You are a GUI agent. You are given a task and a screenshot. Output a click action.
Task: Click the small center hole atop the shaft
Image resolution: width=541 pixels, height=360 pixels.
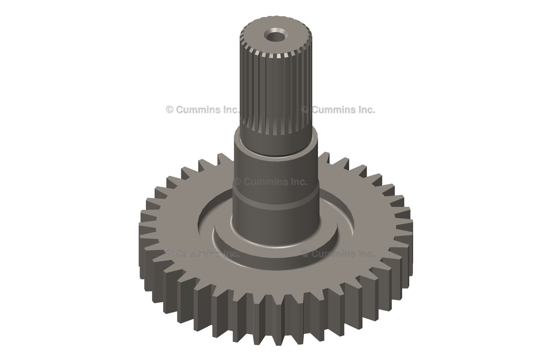click(275, 36)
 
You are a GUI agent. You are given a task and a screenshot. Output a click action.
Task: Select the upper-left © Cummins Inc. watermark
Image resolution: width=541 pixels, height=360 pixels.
click(203, 110)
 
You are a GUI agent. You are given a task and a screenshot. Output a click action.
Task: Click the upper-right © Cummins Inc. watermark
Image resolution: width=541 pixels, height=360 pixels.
click(338, 110)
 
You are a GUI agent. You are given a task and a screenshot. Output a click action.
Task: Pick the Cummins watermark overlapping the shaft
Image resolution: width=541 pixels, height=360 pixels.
click(270, 182)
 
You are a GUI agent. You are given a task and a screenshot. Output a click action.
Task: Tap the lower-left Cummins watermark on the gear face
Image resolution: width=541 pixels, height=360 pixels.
click(203, 253)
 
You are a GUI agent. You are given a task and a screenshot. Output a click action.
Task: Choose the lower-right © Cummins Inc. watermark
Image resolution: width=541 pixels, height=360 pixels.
click(338, 253)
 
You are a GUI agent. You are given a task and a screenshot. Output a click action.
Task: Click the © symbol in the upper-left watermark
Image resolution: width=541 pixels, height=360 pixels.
click(170, 110)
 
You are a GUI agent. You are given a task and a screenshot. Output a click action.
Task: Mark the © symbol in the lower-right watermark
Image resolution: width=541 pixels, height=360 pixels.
click(305, 253)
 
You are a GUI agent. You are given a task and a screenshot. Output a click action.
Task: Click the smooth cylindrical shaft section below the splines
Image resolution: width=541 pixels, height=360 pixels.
click(276, 169)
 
